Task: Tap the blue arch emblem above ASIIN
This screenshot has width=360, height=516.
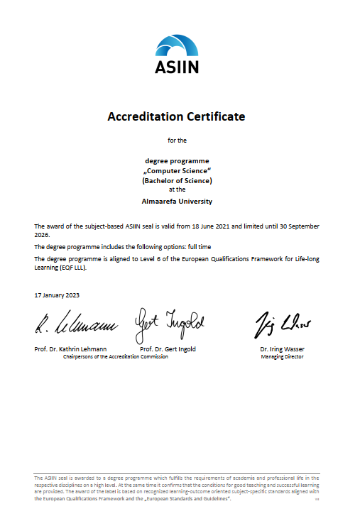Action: pyautogui.click(x=177, y=45)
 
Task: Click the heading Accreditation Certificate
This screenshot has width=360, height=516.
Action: pyautogui.click(x=176, y=116)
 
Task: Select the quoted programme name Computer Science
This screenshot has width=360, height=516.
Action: pyautogui.click(x=177, y=171)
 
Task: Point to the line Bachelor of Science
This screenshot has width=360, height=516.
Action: pyautogui.click(x=177, y=180)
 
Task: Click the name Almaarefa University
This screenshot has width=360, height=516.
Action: pyautogui.click(x=177, y=201)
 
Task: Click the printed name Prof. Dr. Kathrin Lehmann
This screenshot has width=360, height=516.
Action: pyautogui.click(x=71, y=349)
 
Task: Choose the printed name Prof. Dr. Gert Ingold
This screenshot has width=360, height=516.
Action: pyautogui.click(x=168, y=349)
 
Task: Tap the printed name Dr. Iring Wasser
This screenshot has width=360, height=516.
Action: pyautogui.click(x=282, y=349)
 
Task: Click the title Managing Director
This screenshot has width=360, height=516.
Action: pyautogui.click(x=282, y=356)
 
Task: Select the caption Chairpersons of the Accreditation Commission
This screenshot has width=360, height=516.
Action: pyautogui.click(x=116, y=356)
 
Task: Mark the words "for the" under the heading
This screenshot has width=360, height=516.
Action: pyautogui.click(x=177, y=141)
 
